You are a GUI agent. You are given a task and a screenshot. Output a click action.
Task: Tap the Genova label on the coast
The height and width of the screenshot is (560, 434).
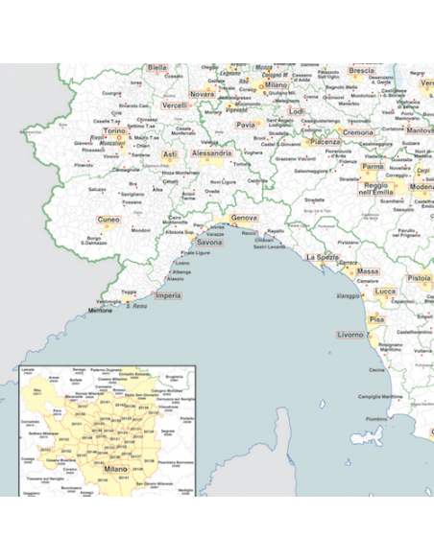(244, 219)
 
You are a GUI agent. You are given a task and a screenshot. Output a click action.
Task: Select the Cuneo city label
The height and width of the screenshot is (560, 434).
(109, 220)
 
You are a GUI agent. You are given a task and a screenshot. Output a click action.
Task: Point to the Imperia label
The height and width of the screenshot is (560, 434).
(167, 295)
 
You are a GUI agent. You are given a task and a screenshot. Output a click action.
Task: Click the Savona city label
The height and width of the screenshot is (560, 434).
(209, 243)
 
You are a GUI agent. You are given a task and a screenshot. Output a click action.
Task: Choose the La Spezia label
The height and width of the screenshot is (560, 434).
(322, 257)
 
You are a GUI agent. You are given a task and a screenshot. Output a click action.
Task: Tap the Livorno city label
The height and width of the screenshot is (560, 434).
(350, 335)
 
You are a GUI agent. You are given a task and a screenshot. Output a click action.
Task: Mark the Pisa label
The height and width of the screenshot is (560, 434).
(376, 317)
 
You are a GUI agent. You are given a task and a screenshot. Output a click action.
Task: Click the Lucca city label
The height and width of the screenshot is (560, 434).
(385, 291)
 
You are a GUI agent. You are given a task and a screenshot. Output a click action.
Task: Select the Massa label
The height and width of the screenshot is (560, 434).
(367, 271)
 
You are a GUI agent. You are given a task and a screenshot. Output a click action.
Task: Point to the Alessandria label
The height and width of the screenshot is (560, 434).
(211, 152)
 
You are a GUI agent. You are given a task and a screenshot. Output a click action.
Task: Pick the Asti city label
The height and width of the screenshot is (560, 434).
(170, 153)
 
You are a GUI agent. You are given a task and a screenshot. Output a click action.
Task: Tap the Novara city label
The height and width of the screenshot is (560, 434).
(202, 95)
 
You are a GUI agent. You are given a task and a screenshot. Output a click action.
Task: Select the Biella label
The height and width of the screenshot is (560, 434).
(157, 68)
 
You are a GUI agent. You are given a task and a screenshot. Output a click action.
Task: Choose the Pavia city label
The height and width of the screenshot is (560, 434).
(247, 124)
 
